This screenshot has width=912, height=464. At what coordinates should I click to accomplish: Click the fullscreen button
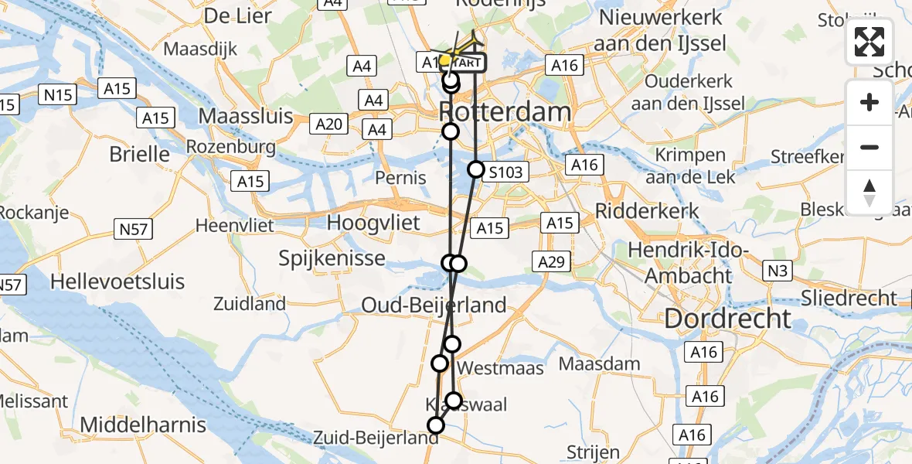point(869,43)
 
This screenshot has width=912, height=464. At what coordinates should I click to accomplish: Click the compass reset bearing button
point(869,193)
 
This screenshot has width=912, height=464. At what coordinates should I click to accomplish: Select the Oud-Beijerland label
point(434,305)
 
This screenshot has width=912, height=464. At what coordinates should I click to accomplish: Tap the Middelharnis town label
point(143,424)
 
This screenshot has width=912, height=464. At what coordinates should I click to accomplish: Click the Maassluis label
point(246,116)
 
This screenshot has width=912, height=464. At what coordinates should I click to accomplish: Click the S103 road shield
point(506,172)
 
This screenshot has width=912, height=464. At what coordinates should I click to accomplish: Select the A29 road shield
point(551,261)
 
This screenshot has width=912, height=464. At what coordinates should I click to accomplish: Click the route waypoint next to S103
point(476,169)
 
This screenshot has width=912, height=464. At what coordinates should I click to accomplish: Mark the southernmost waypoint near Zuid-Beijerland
point(437,425)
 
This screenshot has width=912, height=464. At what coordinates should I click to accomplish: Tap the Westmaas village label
point(500,368)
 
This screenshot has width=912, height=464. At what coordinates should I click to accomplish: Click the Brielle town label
point(139,153)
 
